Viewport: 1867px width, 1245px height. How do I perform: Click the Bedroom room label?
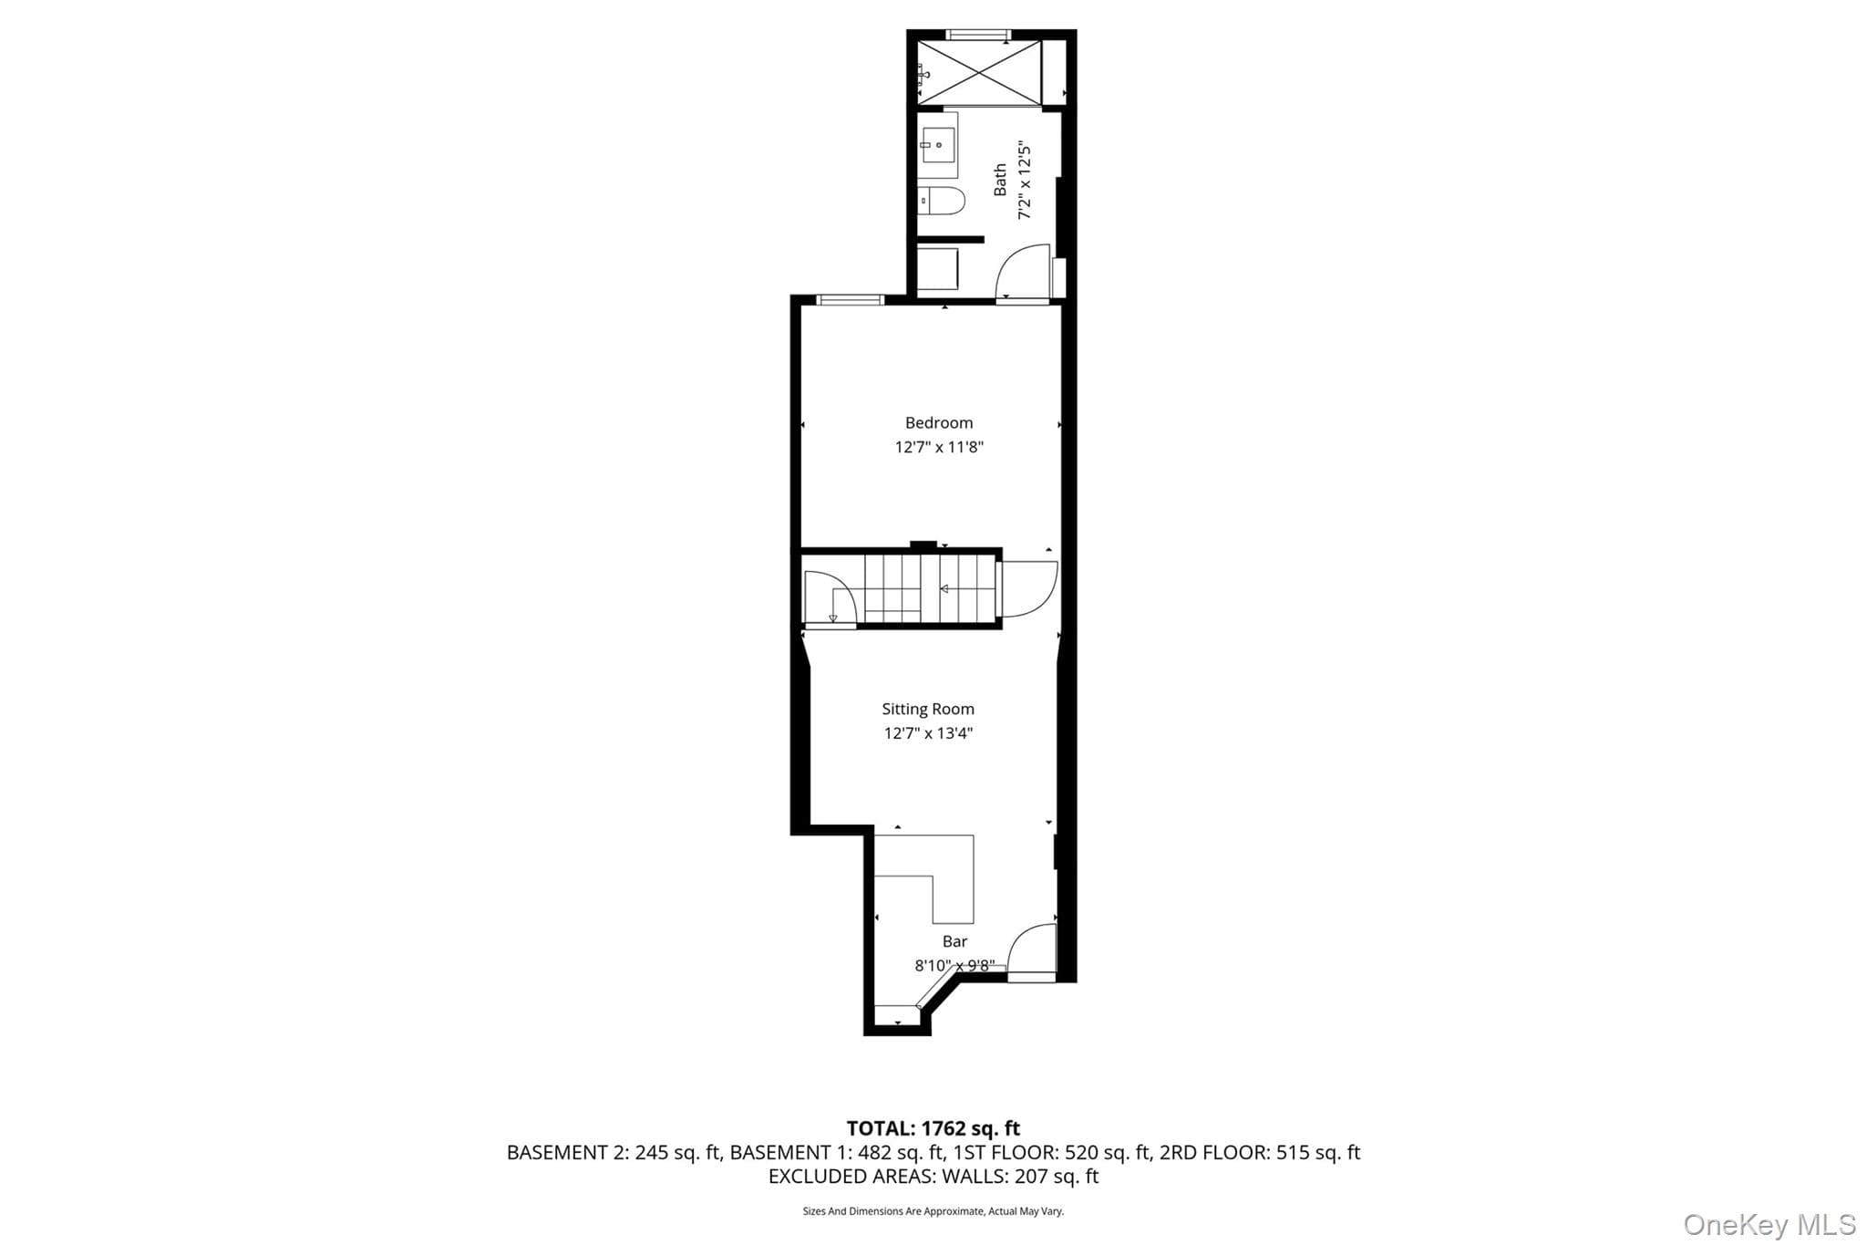939,423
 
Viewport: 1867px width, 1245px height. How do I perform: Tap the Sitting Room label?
928,709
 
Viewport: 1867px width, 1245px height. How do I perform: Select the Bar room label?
954,941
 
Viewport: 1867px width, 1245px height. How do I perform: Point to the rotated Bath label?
1000,180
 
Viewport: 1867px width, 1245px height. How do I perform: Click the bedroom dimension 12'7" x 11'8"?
939,447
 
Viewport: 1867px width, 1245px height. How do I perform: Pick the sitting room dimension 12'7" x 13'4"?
928,733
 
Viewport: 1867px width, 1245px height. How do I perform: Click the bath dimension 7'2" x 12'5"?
1025,181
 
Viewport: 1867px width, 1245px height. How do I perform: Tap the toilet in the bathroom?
941,201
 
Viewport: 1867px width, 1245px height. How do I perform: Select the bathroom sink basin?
938,144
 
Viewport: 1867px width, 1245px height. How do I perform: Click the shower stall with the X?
979,72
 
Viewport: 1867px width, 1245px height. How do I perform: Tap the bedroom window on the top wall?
850,299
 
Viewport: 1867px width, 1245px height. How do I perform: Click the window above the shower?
978,35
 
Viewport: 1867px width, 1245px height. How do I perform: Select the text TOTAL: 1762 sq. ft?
933,1128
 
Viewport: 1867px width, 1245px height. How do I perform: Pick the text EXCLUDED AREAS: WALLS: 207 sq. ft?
933,1177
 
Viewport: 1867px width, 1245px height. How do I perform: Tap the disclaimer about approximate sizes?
933,1211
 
